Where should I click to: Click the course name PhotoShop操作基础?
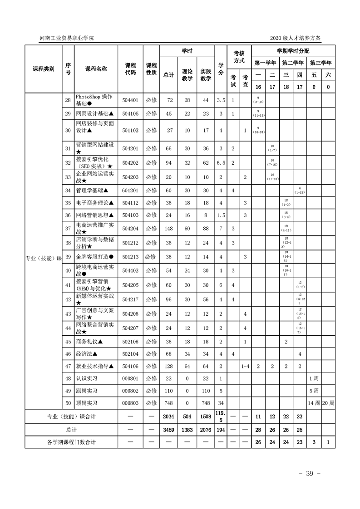click(90, 100)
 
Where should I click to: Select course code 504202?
click(130, 163)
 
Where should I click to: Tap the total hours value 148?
click(168, 228)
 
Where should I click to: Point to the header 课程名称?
click(96, 69)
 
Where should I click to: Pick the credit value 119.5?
click(220, 416)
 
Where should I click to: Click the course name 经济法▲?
click(87, 353)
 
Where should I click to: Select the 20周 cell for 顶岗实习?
click(328, 403)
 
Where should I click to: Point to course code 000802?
click(130, 391)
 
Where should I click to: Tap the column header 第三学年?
click(321, 63)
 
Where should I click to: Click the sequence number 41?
click(68, 285)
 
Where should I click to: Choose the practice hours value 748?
click(206, 403)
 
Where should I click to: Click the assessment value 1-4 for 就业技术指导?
click(245, 366)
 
